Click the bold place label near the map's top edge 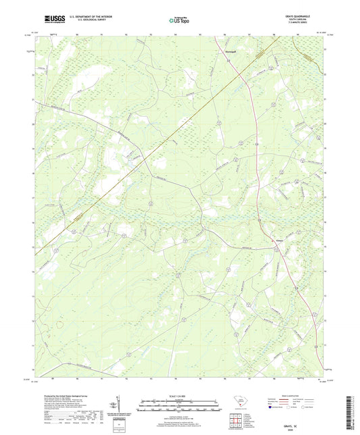(x=229, y=49)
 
